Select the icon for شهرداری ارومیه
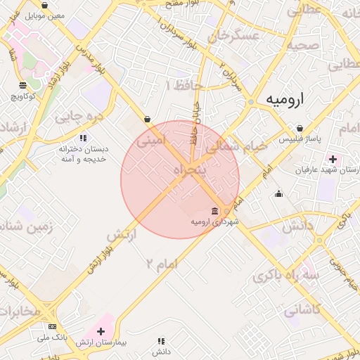pos(214,212)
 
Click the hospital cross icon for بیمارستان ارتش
pos(101,331)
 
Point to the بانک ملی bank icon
pos(52,327)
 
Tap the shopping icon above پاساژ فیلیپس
pos(300,129)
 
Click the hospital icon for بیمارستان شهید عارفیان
pos(333,160)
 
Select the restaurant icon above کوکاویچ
pos(22,85)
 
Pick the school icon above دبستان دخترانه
pos(83,138)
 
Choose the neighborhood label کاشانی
pos(303,309)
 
